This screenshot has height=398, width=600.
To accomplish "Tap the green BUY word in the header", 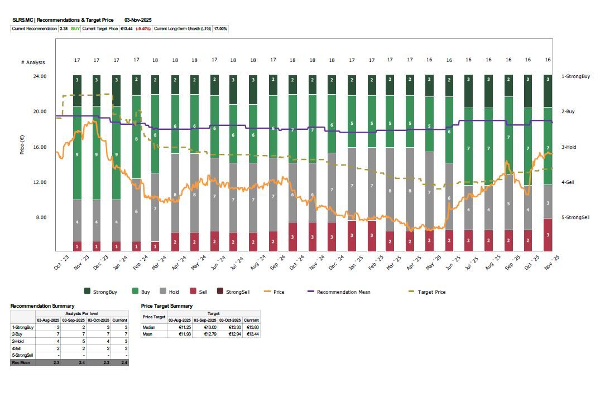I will (75, 28).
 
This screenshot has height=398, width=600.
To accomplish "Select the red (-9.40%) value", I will (143, 28).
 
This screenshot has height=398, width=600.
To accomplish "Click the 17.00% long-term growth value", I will (220, 28).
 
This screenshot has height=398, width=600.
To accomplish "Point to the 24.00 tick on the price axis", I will (40, 76).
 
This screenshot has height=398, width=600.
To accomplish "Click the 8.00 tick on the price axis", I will (41, 217).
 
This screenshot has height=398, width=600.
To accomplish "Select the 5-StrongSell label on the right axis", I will (575, 217).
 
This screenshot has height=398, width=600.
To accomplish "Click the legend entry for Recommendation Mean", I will (343, 292).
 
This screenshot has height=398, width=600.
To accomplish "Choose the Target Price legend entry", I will (431, 292).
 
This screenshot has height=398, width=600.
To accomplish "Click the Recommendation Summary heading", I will (42, 306).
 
